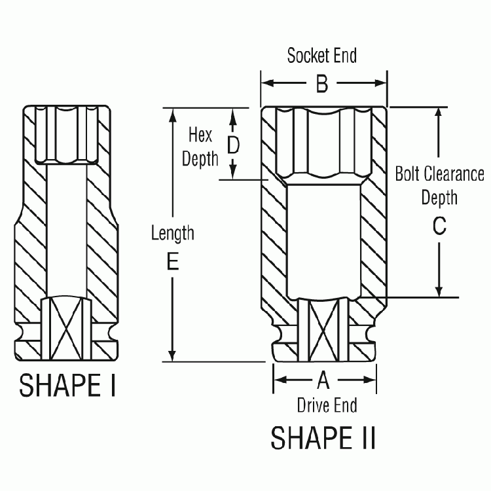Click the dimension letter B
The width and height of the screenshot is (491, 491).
click(x=323, y=84)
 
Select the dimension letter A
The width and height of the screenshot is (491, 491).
click(x=323, y=380)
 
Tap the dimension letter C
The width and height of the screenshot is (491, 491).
click(x=439, y=226)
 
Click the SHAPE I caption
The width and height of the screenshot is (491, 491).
click(x=67, y=386)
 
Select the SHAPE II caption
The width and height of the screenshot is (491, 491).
click(x=323, y=438)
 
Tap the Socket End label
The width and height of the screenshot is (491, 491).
click(x=322, y=56)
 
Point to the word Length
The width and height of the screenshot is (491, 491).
click(x=172, y=232)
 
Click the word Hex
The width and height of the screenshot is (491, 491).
click(x=200, y=135)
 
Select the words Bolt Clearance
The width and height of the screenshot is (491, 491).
click(x=439, y=174)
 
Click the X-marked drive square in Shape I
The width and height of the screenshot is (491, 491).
click(x=64, y=325)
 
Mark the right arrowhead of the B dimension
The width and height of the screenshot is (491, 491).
click(x=382, y=84)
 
